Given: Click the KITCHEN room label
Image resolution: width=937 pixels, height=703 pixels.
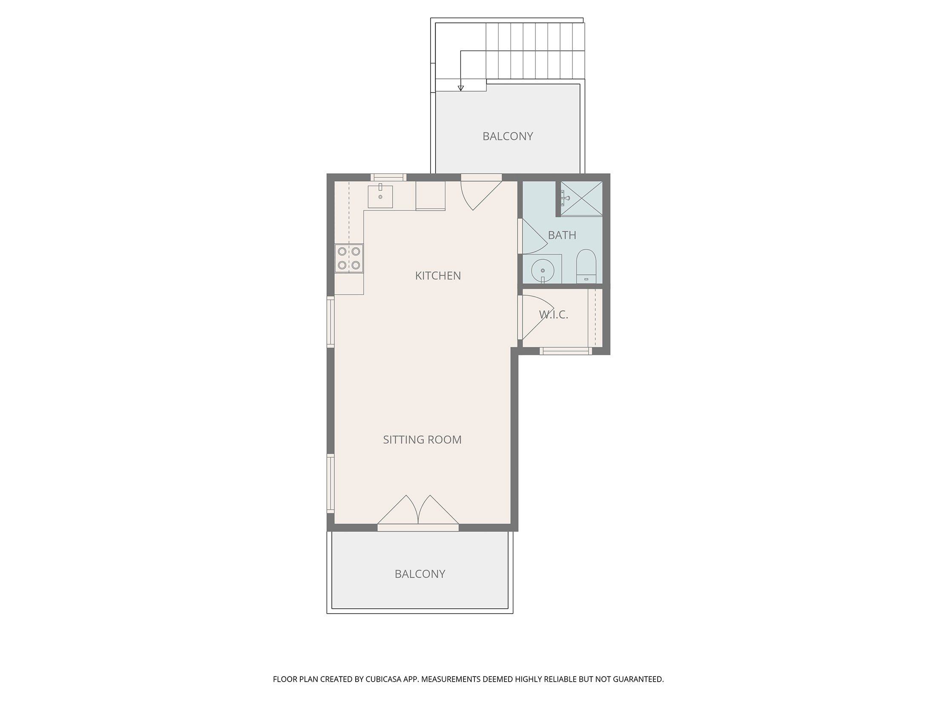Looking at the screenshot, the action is pyautogui.click(x=438, y=276).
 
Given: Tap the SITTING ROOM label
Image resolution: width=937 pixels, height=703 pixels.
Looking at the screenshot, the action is pyautogui.click(x=422, y=440).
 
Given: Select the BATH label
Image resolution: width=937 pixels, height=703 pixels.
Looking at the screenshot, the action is pyautogui.click(x=562, y=235).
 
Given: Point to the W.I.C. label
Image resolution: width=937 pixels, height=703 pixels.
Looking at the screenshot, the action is pyautogui.click(x=554, y=315).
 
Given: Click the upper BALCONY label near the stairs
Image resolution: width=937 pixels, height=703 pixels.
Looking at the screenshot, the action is pyautogui.click(x=508, y=136).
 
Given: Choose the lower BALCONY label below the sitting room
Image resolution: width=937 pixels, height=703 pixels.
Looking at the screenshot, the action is pyautogui.click(x=420, y=574).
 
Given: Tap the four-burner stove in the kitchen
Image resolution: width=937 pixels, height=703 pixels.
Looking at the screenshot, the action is pyautogui.click(x=349, y=258).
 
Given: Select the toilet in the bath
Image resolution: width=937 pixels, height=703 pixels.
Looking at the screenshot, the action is pyautogui.click(x=586, y=266).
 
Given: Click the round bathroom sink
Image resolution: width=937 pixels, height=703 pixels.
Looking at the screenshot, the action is pyautogui.click(x=542, y=270).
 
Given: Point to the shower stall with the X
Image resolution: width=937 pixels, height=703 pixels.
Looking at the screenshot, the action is pyautogui.click(x=581, y=199).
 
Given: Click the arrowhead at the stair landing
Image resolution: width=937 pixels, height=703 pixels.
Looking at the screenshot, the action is pyautogui.click(x=460, y=88).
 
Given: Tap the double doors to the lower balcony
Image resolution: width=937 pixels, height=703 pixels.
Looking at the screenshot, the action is pyautogui.click(x=418, y=513).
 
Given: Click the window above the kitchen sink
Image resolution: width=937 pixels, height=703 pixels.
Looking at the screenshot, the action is pyautogui.click(x=388, y=177).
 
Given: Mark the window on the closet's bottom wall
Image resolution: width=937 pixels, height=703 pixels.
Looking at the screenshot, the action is pyautogui.click(x=566, y=351).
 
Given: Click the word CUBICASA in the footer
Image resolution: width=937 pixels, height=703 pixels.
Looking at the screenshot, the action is pyautogui.click(x=383, y=679).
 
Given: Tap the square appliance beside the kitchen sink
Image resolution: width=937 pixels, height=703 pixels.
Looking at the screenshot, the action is pyautogui.click(x=431, y=196).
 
